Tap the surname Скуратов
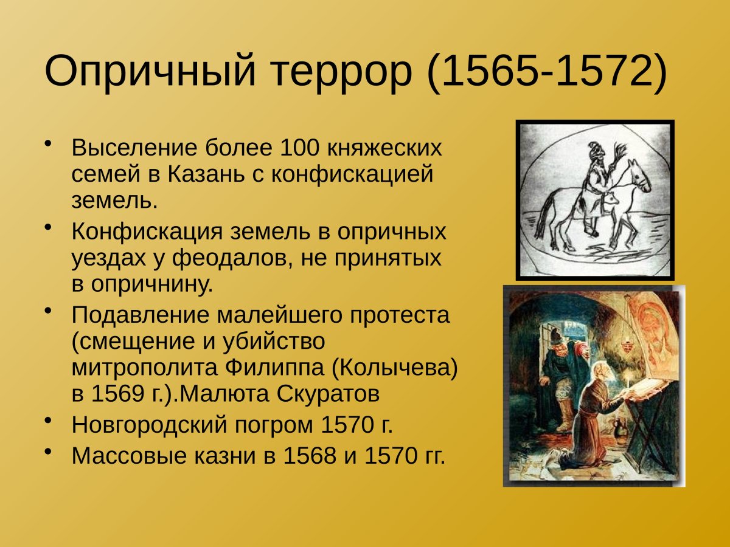[328, 394]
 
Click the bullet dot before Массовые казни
[49, 452]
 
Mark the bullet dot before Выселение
[49, 144]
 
